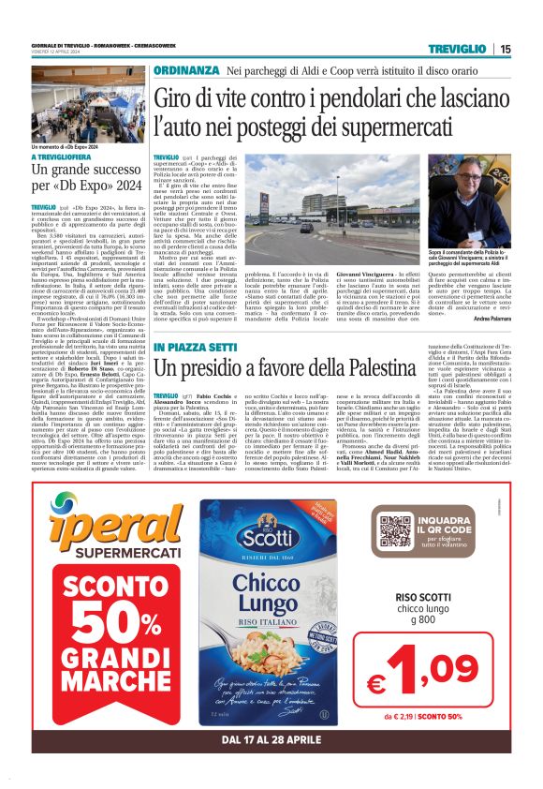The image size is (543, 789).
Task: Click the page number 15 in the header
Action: coord(505,49)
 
